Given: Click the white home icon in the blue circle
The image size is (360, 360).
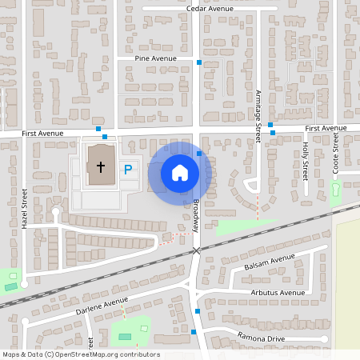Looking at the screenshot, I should [x=179, y=173].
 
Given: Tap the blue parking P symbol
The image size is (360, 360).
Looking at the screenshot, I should [x=127, y=170].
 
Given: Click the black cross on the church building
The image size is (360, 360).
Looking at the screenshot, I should [x=101, y=167].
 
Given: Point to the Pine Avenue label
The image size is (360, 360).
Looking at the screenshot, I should [x=156, y=58].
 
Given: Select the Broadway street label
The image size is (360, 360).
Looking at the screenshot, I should [x=195, y=216].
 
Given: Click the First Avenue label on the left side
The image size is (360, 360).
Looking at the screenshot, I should [x=42, y=133].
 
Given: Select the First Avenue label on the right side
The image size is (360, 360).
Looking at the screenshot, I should [x=326, y=128].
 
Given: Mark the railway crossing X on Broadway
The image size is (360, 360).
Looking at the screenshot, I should [x=196, y=251].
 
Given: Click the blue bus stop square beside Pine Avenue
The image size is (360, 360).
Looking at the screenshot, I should [x=199, y=62].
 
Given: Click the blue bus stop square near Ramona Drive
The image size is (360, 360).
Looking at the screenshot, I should [x=194, y=330].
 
